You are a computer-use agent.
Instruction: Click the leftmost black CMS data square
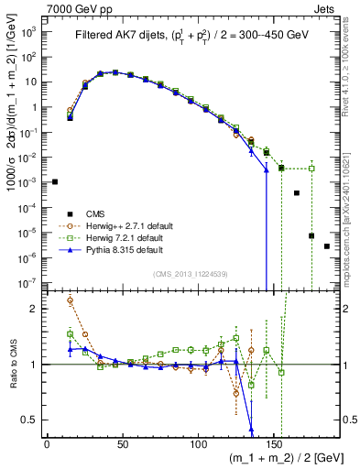(55, 182)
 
